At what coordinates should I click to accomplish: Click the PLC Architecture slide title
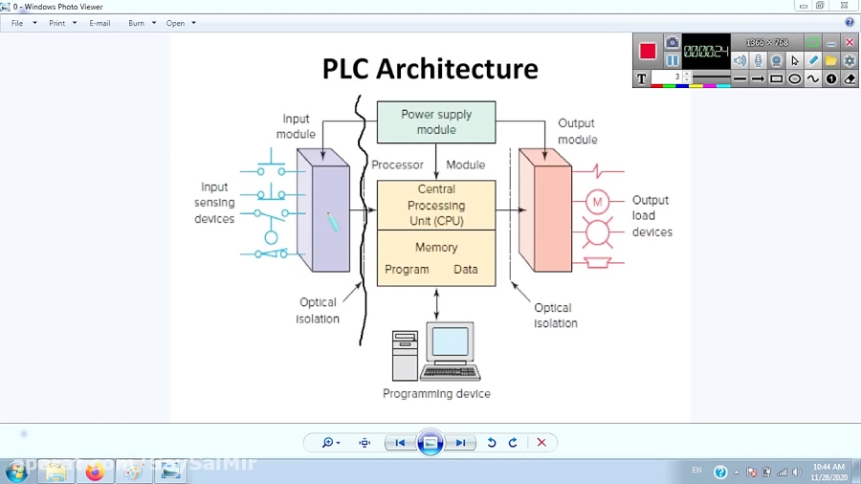point(430,69)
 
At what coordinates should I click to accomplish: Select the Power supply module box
point(436,121)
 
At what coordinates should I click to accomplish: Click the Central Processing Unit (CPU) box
point(436,205)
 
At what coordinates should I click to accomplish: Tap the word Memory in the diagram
point(436,247)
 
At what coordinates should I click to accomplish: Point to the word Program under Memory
point(407,270)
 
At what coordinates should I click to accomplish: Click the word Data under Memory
point(466,270)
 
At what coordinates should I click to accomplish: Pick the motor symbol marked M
point(597,202)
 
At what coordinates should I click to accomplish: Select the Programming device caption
point(436,394)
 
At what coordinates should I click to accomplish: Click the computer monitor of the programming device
point(450,342)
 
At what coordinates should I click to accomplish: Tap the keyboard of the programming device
point(450,372)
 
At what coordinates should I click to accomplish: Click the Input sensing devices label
point(214,203)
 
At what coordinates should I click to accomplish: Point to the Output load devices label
point(651,216)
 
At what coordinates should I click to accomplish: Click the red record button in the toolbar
point(648,51)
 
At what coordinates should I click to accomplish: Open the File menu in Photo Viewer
point(17,23)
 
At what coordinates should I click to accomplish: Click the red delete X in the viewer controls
point(541,443)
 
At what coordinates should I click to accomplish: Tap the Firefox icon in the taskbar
point(95,472)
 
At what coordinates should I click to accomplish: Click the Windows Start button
point(16,472)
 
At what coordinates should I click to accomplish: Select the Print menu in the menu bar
point(57,23)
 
